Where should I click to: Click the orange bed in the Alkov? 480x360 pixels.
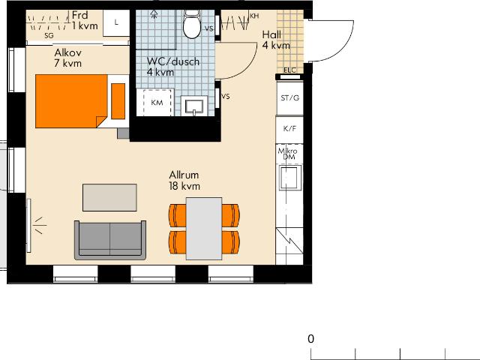[71, 101]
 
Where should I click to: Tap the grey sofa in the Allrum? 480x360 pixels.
[110, 240]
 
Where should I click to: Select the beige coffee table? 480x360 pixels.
[110, 198]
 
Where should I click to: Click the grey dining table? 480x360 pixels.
[204, 228]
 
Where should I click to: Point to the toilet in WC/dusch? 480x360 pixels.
[192, 25]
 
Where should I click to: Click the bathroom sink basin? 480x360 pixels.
[195, 106]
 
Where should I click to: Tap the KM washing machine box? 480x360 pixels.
[157, 102]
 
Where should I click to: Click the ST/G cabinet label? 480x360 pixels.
[289, 98]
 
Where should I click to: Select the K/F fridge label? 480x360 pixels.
[289, 128]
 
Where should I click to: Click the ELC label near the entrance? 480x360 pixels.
[290, 70]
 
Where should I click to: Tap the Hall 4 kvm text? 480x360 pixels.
[276, 40]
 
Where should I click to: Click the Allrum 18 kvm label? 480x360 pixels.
[184, 180]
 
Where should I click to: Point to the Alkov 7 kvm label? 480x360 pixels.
[68, 58]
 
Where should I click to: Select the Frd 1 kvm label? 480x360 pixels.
[85, 20]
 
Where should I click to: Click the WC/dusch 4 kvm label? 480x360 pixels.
[173, 67]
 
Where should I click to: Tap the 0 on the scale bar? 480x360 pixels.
[311, 339]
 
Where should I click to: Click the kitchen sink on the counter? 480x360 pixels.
[289, 178]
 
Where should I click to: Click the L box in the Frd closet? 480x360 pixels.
[116, 22]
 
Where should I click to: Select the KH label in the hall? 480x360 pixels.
[254, 16]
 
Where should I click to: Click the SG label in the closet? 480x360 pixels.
[49, 34]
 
